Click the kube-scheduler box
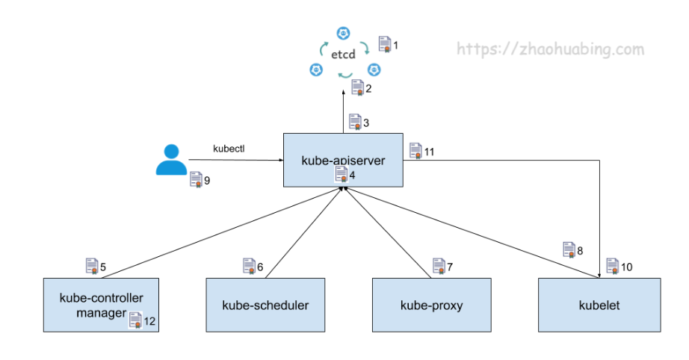click(265, 305)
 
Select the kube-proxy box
click(431, 305)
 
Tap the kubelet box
click(599, 305)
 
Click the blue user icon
click(171, 160)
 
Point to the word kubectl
click(229, 149)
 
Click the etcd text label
click(343, 55)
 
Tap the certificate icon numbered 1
click(385, 44)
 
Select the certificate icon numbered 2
click(358, 87)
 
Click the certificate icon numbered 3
click(355, 122)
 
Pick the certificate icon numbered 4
click(342, 174)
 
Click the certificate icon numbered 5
click(92, 266)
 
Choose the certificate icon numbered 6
click(249, 266)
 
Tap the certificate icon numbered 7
click(439, 266)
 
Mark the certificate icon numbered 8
click(569, 249)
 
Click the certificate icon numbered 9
click(196, 179)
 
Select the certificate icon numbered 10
click(613, 266)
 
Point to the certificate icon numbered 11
click(415, 151)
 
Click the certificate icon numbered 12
click(135, 320)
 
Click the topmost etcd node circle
click(343, 33)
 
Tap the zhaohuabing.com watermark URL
click(550, 49)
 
